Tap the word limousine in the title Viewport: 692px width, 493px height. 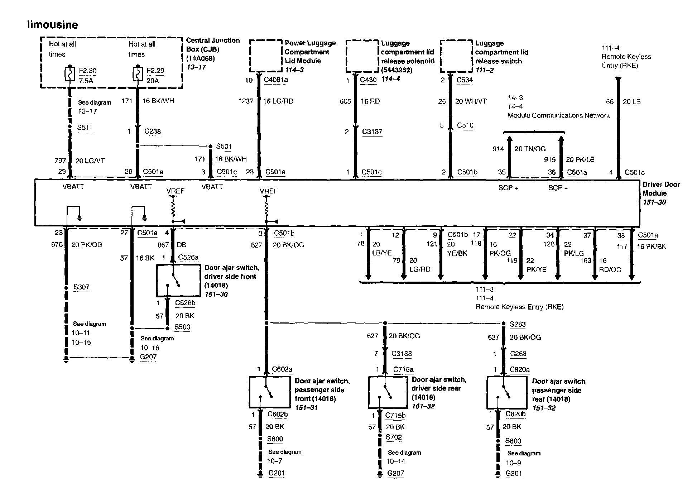53,25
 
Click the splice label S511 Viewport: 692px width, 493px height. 85,127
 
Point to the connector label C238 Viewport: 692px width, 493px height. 153,131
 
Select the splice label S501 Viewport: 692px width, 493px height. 224,146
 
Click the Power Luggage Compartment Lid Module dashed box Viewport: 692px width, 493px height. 265,56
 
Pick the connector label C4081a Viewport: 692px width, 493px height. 276,80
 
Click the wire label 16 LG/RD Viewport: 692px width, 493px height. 278,101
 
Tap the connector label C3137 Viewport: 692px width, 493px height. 372,131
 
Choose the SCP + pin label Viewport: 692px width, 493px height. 508,188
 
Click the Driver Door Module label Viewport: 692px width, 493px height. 661,189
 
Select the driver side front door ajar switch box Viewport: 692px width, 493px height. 178,281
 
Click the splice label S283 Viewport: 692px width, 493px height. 518,324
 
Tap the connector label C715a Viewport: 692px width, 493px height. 403,369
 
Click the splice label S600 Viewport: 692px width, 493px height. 275,439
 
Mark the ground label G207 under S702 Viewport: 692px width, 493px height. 396,473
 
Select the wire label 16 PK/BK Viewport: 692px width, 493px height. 652,247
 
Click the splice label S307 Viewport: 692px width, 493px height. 81,287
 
